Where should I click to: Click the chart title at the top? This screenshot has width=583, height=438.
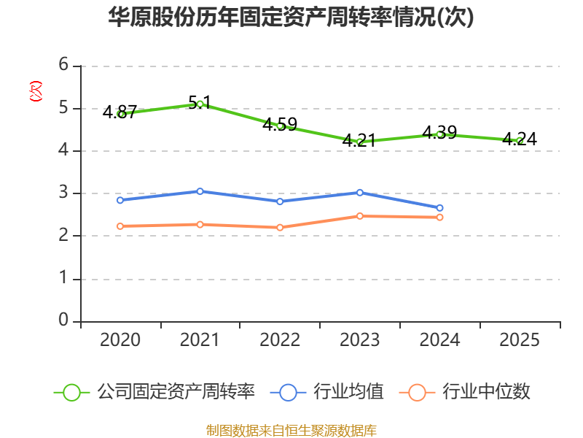291,17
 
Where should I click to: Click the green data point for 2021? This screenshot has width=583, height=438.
200,104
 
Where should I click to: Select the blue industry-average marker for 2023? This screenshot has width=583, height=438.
360,193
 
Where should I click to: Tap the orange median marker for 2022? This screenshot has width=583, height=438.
280,228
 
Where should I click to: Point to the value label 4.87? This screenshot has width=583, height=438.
120,112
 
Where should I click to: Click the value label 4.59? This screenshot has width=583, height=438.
280,124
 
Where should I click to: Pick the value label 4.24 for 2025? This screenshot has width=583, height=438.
520,139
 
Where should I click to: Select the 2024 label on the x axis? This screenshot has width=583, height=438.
439,339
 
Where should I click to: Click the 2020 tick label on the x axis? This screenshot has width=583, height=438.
120,339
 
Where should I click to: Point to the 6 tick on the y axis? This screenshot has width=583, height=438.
63,64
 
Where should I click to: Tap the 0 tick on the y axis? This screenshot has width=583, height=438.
63,320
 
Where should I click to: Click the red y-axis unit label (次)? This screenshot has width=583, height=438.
36,91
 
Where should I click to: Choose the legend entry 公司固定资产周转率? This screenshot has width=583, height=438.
154,392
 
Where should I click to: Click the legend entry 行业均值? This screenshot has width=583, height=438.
326,392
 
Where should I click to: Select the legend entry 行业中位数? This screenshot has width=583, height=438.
464,392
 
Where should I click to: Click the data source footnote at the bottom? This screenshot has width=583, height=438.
291,431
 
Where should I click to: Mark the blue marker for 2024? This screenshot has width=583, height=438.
440,208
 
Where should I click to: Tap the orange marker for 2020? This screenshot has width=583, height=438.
120,226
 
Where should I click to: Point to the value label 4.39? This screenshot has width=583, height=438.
439,132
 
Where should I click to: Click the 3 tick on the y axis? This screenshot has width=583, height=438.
63,193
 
